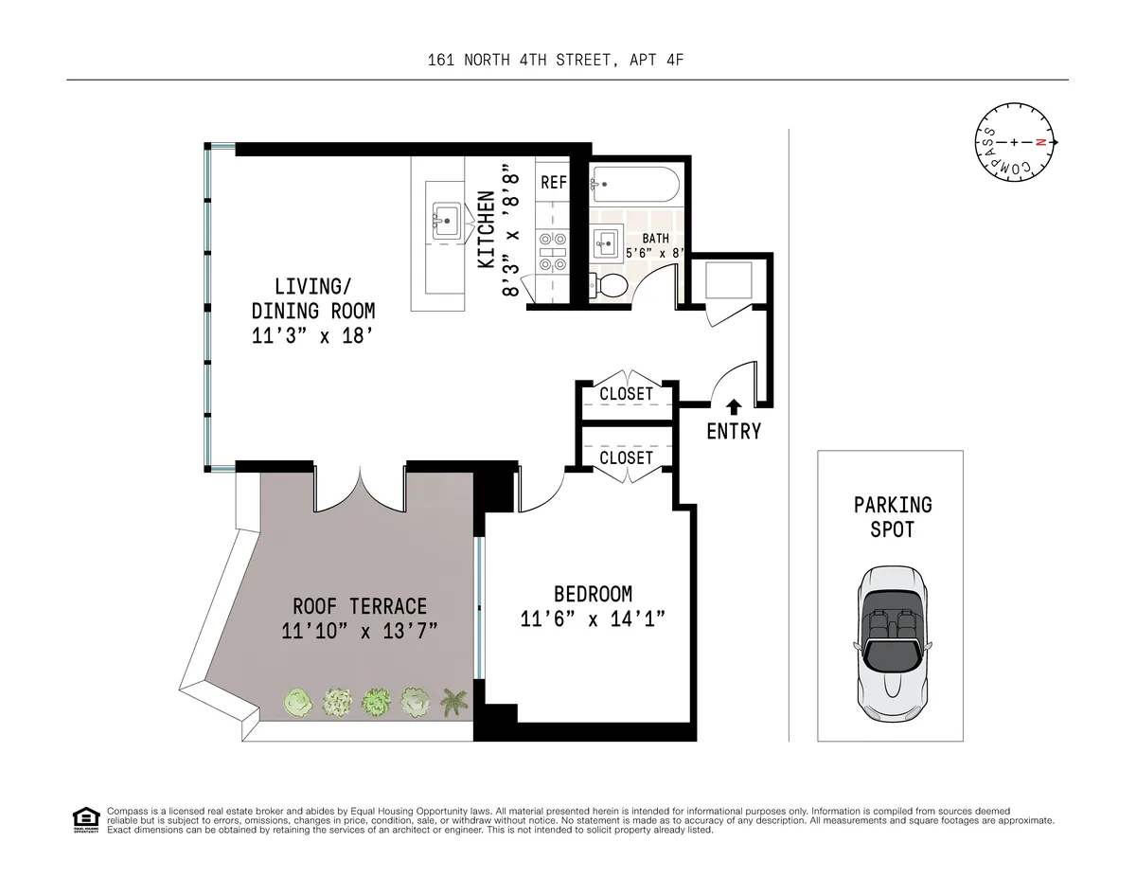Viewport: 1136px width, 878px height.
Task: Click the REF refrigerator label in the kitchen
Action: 554,183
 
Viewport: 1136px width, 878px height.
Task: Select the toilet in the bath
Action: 610,284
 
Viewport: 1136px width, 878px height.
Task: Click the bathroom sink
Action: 606,244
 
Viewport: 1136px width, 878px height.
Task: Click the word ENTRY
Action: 734,432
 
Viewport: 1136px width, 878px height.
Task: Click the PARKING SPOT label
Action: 893,516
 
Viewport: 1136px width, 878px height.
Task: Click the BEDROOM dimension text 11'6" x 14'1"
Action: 594,618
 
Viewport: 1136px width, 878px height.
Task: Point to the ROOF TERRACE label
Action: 360,606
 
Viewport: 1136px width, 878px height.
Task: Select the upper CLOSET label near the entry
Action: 626,394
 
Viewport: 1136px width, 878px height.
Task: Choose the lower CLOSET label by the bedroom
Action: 626,457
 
